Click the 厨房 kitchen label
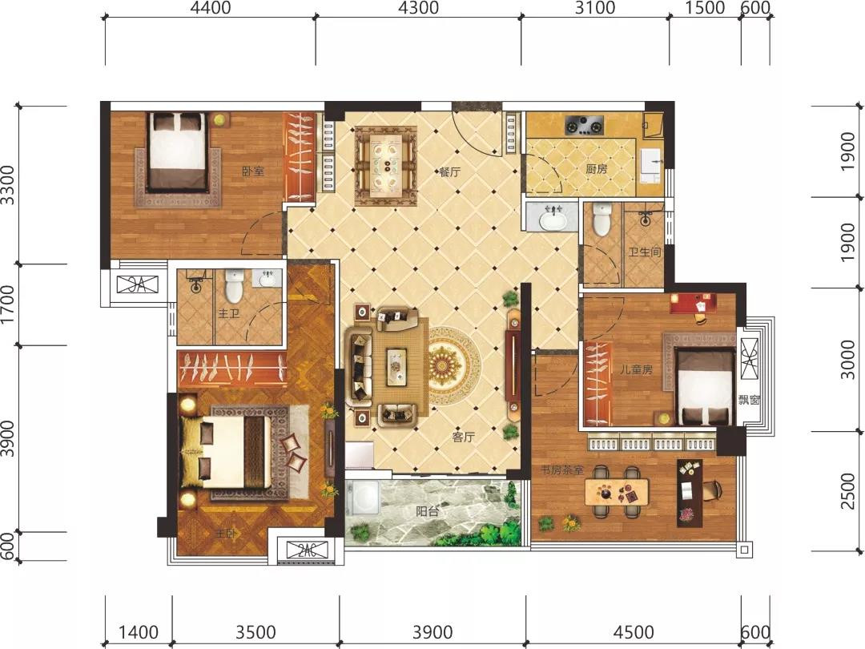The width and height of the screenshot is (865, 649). click(x=597, y=168)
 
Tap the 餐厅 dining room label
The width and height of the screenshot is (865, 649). click(x=449, y=172)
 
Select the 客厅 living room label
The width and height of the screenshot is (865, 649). click(x=464, y=437)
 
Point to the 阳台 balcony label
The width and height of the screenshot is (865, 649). click(x=428, y=511)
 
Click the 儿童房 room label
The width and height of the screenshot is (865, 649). click(x=636, y=369)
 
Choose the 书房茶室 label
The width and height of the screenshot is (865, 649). click(x=561, y=471)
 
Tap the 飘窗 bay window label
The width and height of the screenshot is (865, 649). click(x=750, y=400)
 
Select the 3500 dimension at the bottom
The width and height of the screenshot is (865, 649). click(x=255, y=632)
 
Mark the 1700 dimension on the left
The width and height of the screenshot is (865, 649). click(x=7, y=304)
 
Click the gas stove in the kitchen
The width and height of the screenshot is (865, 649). click(x=584, y=125)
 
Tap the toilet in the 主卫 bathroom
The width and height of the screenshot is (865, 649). click(x=235, y=285)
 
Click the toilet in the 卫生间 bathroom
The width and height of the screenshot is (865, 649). click(x=600, y=219)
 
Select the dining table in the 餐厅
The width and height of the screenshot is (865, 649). click(x=385, y=166)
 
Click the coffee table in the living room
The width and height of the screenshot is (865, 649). click(x=396, y=366)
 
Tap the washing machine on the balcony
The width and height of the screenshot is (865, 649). click(x=362, y=498)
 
